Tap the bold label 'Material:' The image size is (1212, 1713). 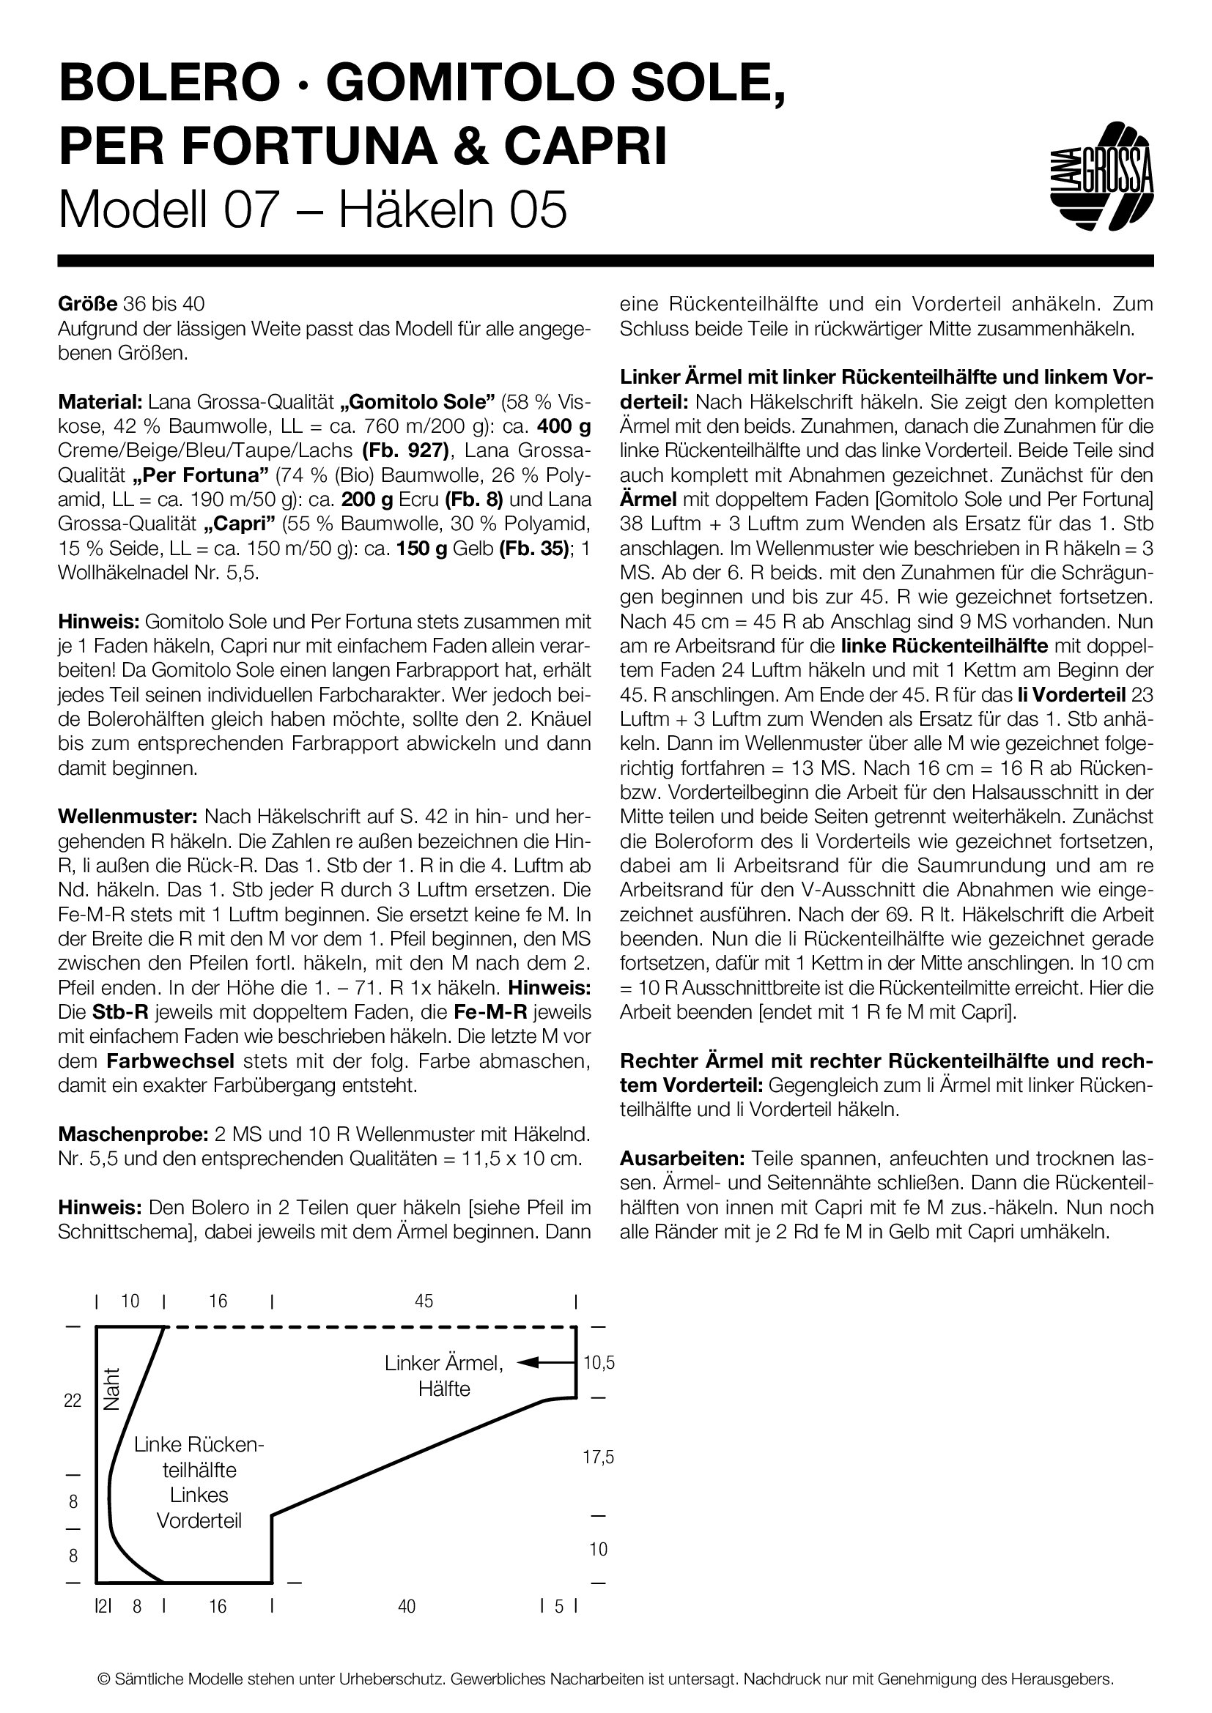tap(100, 402)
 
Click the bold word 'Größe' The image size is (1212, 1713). tap(87, 305)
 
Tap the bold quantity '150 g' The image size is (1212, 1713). tap(421, 549)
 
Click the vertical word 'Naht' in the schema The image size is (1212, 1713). tap(112, 1389)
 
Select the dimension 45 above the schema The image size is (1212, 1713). tap(423, 1301)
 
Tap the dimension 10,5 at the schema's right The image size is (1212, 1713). tap(599, 1363)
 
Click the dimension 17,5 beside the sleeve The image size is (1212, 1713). tap(599, 1457)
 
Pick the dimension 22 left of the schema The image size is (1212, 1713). tap(73, 1400)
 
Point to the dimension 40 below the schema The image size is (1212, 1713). tap(407, 1605)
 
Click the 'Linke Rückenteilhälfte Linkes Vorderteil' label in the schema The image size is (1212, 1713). tap(199, 1482)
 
